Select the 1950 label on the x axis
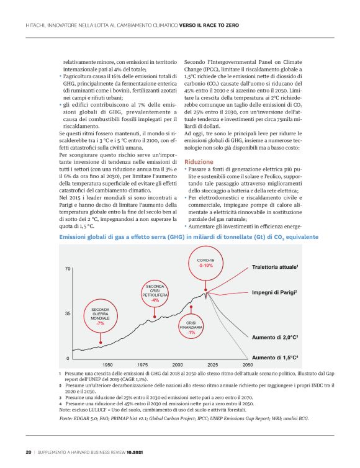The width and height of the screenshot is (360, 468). (x=107, y=364)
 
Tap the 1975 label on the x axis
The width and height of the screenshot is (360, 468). (x=142, y=364)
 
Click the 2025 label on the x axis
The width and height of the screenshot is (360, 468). (x=212, y=364)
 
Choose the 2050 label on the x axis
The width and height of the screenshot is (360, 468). (x=247, y=364)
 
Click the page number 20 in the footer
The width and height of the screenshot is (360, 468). (x=28, y=451)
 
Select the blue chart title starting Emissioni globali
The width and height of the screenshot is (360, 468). (x=189, y=238)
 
